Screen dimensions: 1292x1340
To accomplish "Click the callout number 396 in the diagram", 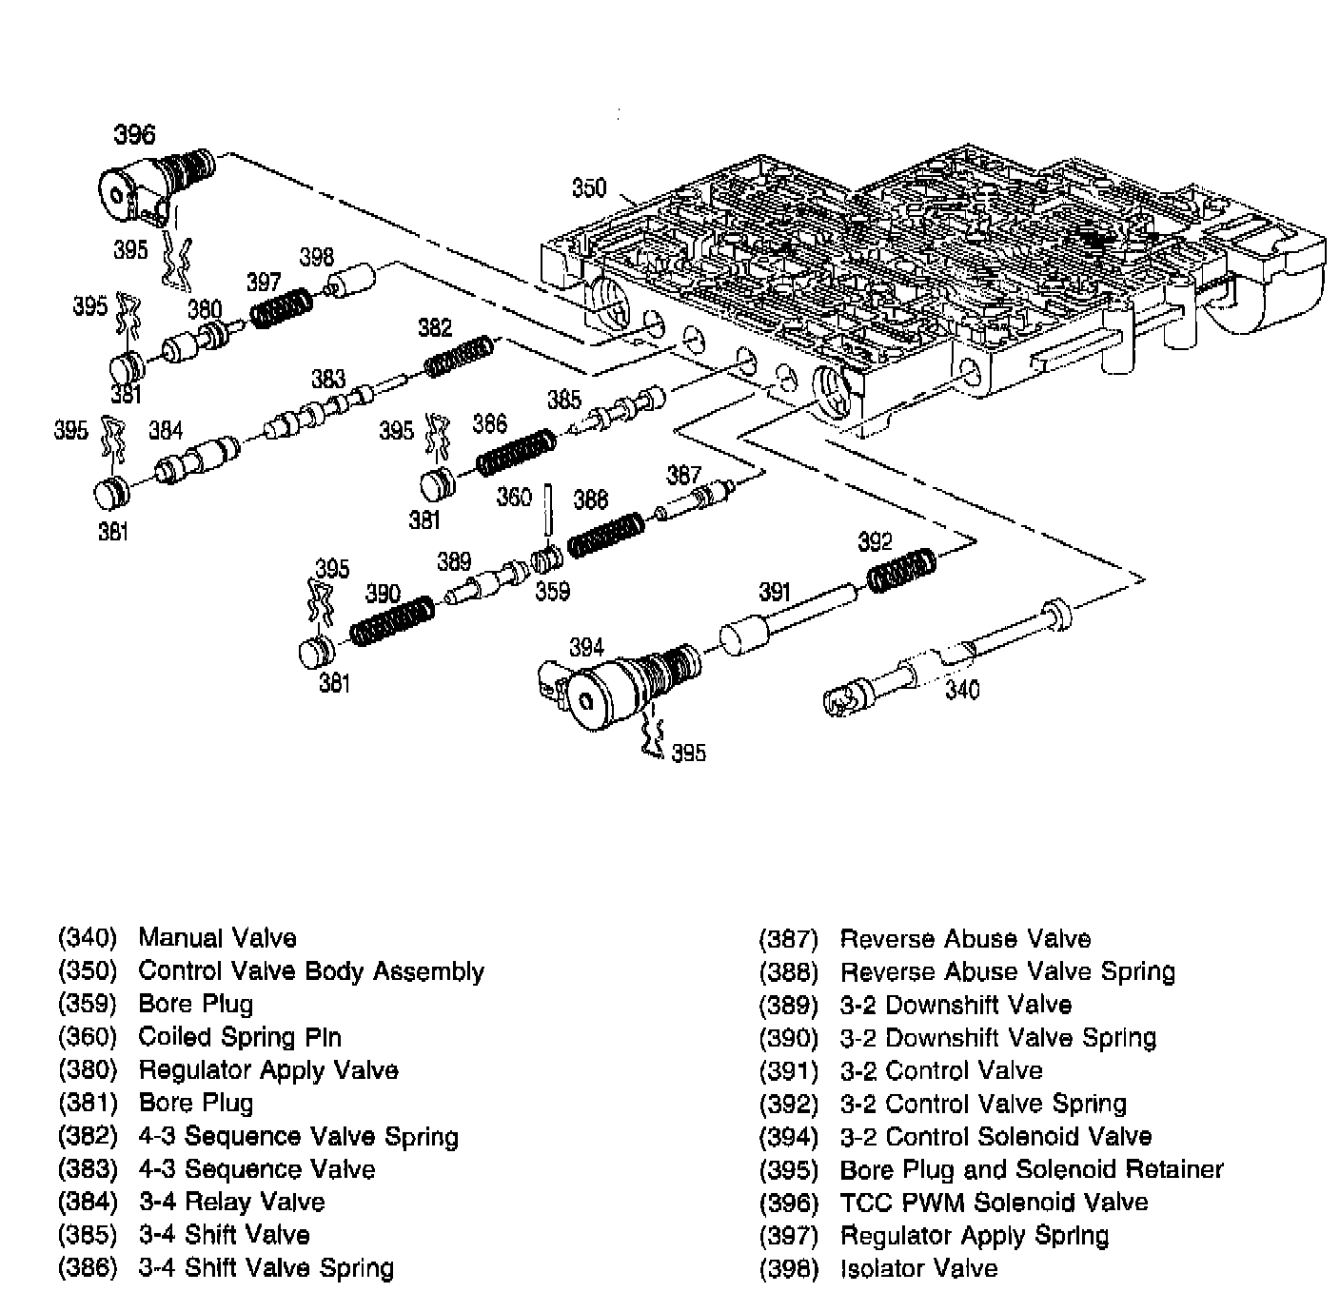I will coord(134,134).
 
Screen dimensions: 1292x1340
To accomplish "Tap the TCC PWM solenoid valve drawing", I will coord(152,182).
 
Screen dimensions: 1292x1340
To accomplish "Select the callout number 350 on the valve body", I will coord(588,187).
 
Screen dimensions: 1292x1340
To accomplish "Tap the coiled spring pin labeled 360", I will coord(549,511).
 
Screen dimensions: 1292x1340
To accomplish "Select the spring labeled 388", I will coord(606,535).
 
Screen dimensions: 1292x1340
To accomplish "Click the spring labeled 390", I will coord(392,623).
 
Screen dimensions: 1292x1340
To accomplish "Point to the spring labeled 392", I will coord(900,570).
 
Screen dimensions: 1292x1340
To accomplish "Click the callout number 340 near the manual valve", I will coord(961,688).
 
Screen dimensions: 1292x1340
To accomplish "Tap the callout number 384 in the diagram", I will coord(165,431).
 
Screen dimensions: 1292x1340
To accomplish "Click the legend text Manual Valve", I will coord(217,938).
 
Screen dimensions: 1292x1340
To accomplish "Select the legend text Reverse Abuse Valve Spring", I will coord(1007,971).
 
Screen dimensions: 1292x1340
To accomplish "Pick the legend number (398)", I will coord(788,1268).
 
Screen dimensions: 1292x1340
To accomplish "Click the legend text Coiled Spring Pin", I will coord(240,1037).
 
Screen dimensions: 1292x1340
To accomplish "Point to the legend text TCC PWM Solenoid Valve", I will coord(994,1203).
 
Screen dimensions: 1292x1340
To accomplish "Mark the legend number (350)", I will coord(88,971).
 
